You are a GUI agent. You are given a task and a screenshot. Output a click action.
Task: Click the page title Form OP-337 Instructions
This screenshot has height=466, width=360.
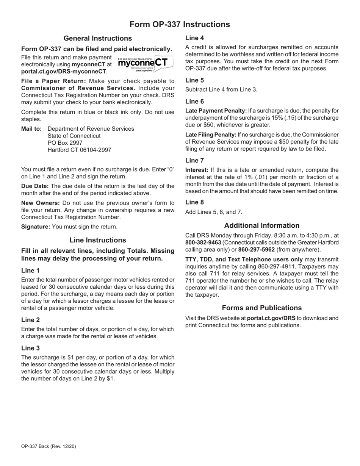pyautogui.click(x=180, y=25)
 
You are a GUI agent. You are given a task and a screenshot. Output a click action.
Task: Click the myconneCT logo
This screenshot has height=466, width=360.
pyautogui.click(x=146, y=63)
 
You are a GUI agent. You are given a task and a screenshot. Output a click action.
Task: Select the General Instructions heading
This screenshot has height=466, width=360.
pyautogui.click(x=98, y=38)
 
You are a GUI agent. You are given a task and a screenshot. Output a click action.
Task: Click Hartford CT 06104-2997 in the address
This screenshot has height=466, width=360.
pyautogui.click(x=79, y=150)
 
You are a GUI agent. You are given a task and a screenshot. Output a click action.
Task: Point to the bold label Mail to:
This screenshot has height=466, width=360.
pyautogui.click(x=31, y=129)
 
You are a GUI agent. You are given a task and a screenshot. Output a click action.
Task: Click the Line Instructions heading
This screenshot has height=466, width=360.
pyautogui.click(x=98, y=240)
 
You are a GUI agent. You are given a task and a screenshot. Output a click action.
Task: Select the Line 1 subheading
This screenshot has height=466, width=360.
pyautogui.click(x=30, y=271)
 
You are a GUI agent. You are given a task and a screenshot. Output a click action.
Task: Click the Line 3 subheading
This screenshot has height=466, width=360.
pyautogui.click(x=30, y=348)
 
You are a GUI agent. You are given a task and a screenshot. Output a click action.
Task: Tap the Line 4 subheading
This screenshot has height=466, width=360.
pyautogui.click(x=194, y=38)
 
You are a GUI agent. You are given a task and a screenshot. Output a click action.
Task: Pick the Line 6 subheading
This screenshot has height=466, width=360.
pyautogui.click(x=194, y=101)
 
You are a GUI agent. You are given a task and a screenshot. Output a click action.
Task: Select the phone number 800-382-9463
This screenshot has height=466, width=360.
pyautogui.click(x=203, y=242)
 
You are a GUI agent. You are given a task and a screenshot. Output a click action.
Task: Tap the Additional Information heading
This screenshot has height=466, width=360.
pyautogui.click(x=261, y=225)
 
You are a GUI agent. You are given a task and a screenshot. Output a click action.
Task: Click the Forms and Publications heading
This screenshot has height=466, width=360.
pyautogui.click(x=261, y=308)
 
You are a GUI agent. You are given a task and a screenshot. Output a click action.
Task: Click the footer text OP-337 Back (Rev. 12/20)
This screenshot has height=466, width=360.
pyautogui.click(x=49, y=446)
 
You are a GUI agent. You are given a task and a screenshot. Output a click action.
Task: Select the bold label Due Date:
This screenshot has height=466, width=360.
pyautogui.click(x=35, y=186)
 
